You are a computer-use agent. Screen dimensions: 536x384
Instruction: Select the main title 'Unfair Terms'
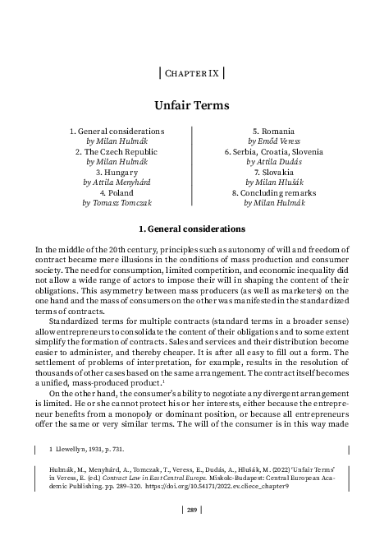(191, 105)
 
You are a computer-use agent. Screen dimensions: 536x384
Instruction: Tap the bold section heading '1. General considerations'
(191, 227)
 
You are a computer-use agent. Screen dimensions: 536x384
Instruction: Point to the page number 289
(191, 511)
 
